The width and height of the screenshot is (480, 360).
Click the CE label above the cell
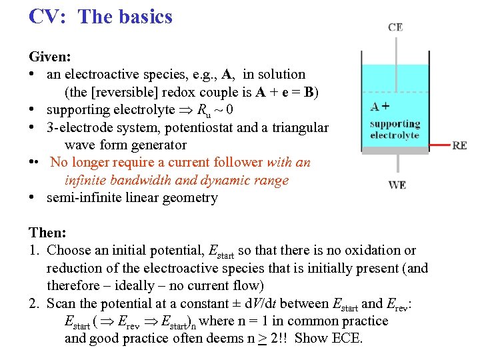click(x=395, y=27)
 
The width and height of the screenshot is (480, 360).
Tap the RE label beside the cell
click(x=459, y=145)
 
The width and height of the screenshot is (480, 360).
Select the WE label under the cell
click(x=397, y=185)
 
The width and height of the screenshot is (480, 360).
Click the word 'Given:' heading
click(x=49, y=57)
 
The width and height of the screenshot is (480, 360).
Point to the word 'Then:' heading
click(x=47, y=233)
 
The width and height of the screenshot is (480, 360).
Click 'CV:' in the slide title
click(x=47, y=16)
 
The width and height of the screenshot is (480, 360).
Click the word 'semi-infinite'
click(x=85, y=198)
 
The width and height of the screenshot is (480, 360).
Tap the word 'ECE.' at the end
click(x=347, y=338)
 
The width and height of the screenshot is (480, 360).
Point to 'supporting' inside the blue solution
click(x=395, y=124)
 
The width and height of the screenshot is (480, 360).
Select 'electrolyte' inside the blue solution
click(x=395, y=135)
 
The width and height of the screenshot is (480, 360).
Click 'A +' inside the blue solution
click(x=380, y=107)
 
